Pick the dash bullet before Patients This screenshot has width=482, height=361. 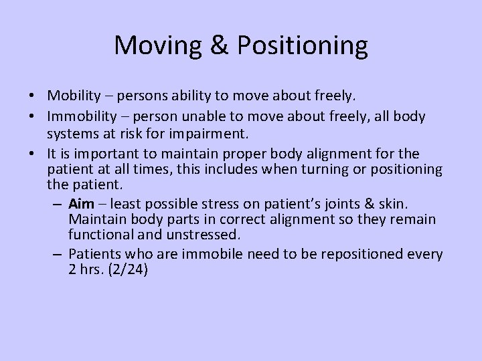point(58,255)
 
